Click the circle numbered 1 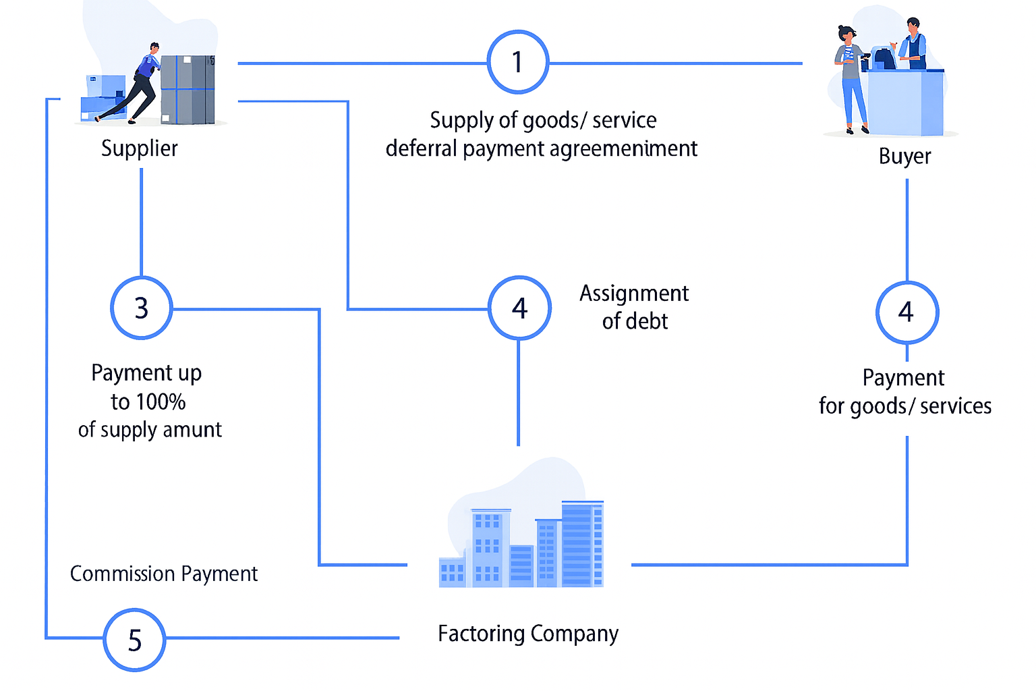pyautogui.click(x=517, y=62)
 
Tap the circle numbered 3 pyautogui.click(x=141, y=308)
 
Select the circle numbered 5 pyautogui.click(x=134, y=640)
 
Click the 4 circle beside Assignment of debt pyautogui.click(x=519, y=308)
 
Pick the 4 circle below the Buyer pyautogui.click(x=906, y=312)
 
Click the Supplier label pyautogui.click(x=140, y=148)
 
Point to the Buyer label pyautogui.click(x=904, y=157)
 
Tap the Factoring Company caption pyautogui.click(x=527, y=634)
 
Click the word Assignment pyautogui.click(x=634, y=294)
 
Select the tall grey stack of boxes pyautogui.click(x=188, y=90)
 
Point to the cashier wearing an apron pyautogui.click(x=913, y=44)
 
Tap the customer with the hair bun pyautogui.click(x=850, y=78)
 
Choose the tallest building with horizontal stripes pyautogui.click(x=581, y=543)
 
